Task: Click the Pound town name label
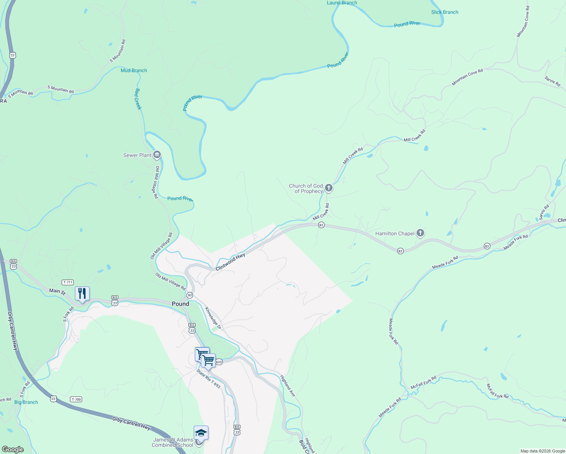pyautogui.click(x=180, y=304)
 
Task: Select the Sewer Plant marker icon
pyautogui.click(x=157, y=155)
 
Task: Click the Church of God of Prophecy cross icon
pyautogui.click(x=329, y=188)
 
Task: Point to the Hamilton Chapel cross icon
pyautogui.click(x=420, y=233)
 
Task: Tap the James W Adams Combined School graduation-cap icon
pyautogui.click(x=201, y=433)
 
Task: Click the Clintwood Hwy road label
pyautogui.click(x=230, y=262)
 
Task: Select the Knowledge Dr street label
pyautogui.click(x=213, y=318)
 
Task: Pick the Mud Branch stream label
pyautogui.click(x=134, y=70)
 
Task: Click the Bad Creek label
pyautogui.click(x=138, y=99)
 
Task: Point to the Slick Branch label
pyautogui.click(x=445, y=12)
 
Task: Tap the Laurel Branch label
pyautogui.click(x=342, y=3)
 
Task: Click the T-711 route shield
pyautogui.click(x=68, y=282)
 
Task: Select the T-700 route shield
pyautogui.click(x=76, y=400)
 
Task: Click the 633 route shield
pyautogui.click(x=219, y=362)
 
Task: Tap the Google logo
pyautogui.click(x=12, y=449)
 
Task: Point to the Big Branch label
pyautogui.click(x=26, y=402)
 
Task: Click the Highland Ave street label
pyautogui.click(x=288, y=386)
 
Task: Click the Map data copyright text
pyautogui.click(x=542, y=451)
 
